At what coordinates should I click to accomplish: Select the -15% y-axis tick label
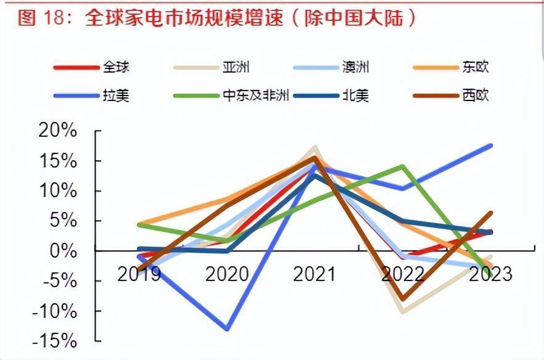click(x=56, y=341)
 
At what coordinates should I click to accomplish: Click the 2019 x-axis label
click(x=139, y=274)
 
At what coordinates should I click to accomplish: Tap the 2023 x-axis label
click(x=491, y=274)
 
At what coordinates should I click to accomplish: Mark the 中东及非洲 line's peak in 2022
click(x=403, y=166)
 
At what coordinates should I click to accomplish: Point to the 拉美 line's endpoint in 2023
click(x=491, y=145)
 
